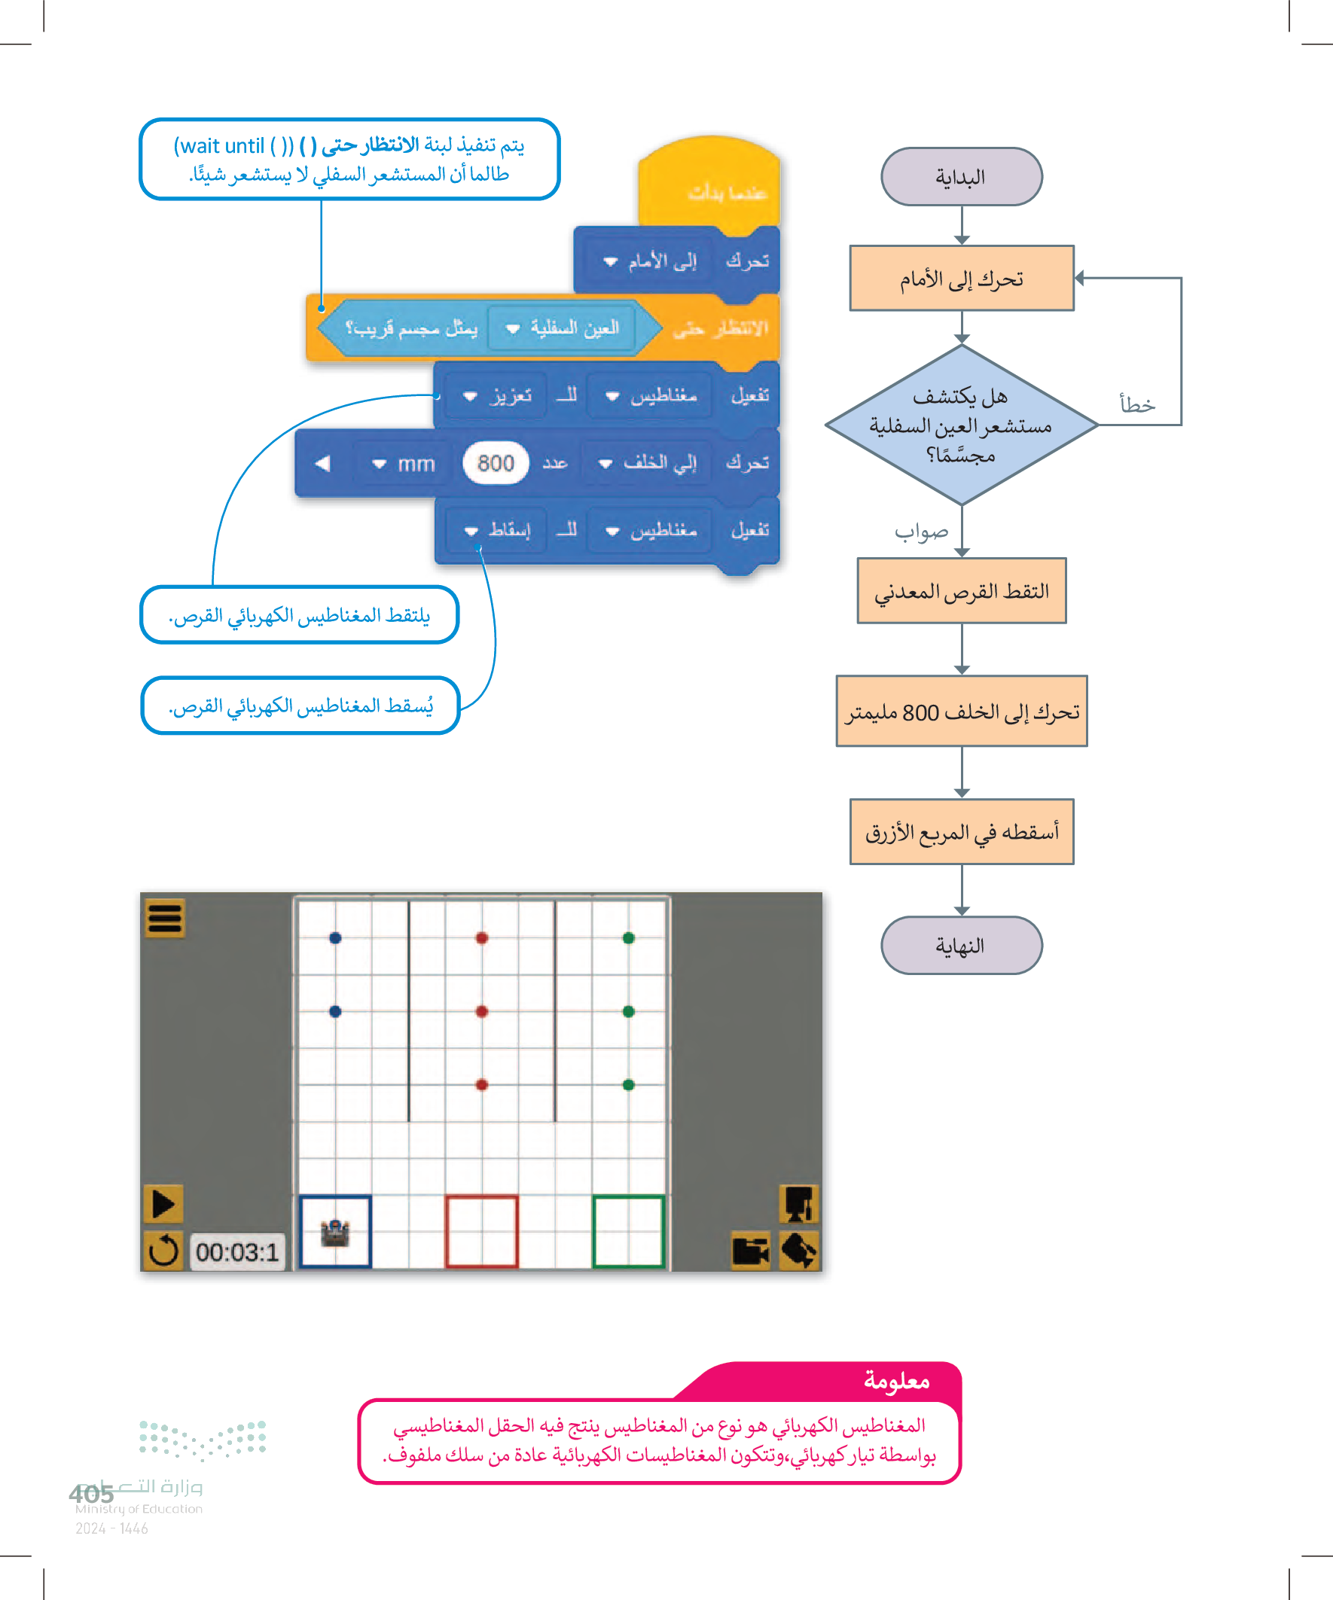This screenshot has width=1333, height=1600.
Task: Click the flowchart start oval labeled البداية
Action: pyautogui.click(x=961, y=177)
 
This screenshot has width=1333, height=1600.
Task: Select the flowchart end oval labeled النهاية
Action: pyautogui.click(x=961, y=945)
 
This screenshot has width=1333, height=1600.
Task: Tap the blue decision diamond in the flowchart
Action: pyautogui.click(x=961, y=425)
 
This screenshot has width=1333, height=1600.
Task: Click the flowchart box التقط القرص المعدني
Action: pyautogui.click(x=961, y=591)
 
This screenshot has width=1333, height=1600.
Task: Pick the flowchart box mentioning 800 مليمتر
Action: pyautogui.click(x=961, y=712)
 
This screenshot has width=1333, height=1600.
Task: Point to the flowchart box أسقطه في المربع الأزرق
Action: pyautogui.click(x=961, y=832)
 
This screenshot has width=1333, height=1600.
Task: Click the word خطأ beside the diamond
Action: pyautogui.click(x=1137, y=404)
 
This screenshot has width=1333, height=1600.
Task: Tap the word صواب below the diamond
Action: pyautogui.click(x=921, y=532)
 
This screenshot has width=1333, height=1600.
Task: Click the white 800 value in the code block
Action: pyautogui.click(x=496, y=463)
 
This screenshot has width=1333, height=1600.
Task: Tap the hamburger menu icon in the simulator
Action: pyautogui.click(x=165, y=918)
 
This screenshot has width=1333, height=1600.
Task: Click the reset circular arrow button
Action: pyautogui.click(x=163, y=1251)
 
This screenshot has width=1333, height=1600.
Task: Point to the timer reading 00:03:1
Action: pyautogui.click(x=237, y=1252)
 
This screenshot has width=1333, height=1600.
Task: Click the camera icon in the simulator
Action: pyautogui.click(x=750, y=1251)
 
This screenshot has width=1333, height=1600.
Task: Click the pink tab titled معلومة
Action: pyautogui.click(x=895, y=1381)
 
